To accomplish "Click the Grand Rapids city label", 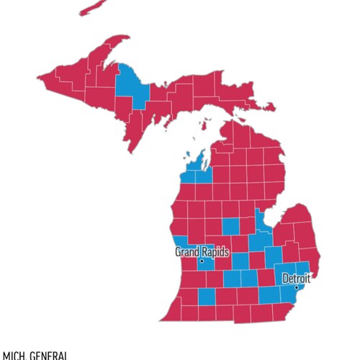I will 202,252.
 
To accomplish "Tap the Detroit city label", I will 296,278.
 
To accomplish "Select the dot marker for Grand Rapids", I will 202,261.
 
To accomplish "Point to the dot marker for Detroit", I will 296,287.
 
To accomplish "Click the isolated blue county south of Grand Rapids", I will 206,296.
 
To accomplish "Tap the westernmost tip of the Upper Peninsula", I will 40,73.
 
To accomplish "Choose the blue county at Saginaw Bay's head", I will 260,220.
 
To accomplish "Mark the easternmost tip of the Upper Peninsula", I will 274,108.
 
